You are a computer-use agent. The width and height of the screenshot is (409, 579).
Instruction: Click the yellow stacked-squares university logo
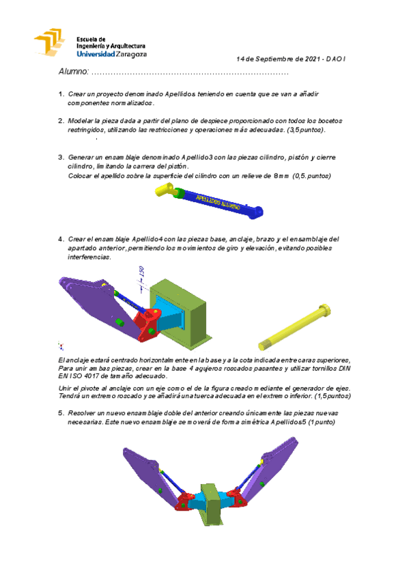49,42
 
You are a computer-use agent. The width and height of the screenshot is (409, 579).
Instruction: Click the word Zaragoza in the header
131,55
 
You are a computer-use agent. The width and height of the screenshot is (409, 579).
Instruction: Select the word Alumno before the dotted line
74,71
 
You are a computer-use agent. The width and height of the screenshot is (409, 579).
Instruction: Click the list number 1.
61,94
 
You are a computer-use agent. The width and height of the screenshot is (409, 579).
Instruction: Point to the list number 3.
61,157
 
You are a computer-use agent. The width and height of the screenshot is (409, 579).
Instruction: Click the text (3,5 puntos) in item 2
307,130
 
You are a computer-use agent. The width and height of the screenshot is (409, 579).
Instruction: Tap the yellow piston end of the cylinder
165,190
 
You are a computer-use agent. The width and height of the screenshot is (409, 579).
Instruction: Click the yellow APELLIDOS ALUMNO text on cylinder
218,202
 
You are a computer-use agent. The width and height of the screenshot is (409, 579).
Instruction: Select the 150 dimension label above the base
141,272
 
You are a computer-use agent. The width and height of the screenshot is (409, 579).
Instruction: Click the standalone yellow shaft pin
294,328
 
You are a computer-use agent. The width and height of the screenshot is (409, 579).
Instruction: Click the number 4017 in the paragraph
91,376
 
